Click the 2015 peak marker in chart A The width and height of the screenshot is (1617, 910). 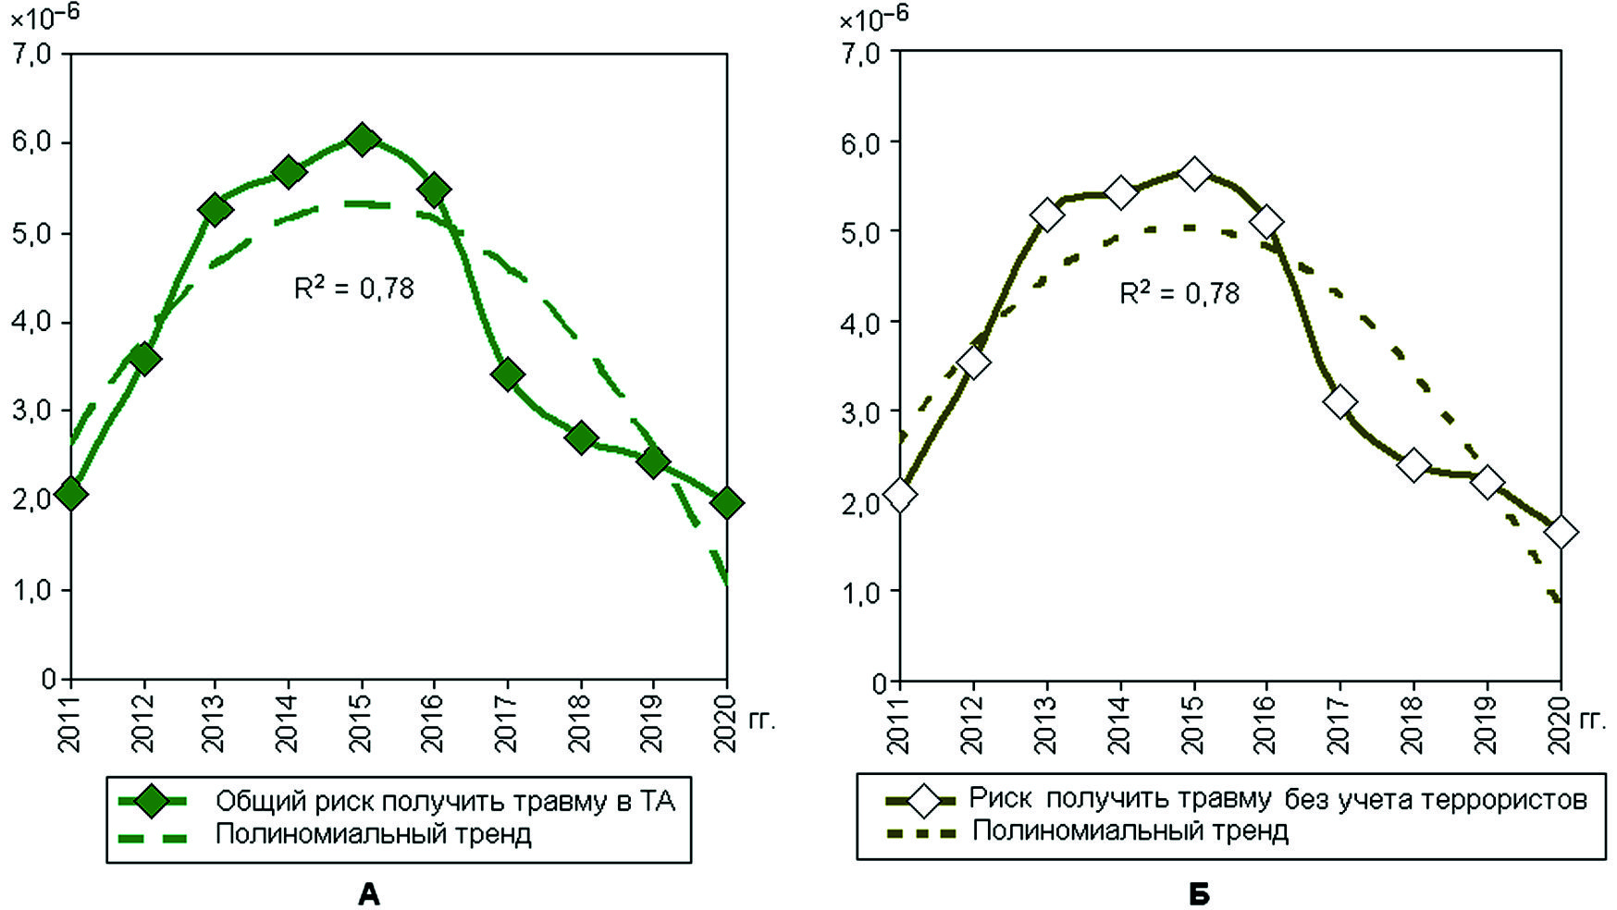point(362,140)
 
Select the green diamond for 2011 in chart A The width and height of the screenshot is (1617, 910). point(70,495)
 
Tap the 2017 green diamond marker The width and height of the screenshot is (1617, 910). point(507,375)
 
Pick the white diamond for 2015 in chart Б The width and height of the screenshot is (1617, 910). point(1193,173)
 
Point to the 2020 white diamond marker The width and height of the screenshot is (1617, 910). point(1561,533)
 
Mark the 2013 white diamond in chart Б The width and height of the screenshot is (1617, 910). point(1047,215)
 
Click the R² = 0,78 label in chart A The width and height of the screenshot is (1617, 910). point(353,289)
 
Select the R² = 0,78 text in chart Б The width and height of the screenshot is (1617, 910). point(1179,293)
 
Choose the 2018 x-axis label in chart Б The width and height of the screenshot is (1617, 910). point(1413,726)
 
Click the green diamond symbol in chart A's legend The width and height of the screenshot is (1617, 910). point(152,801)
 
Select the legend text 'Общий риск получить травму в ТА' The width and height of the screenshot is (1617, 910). point(445,801)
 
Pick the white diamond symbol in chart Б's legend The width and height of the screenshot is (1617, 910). point(924,800)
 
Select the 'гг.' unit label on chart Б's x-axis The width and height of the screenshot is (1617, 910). point(1592,719)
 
